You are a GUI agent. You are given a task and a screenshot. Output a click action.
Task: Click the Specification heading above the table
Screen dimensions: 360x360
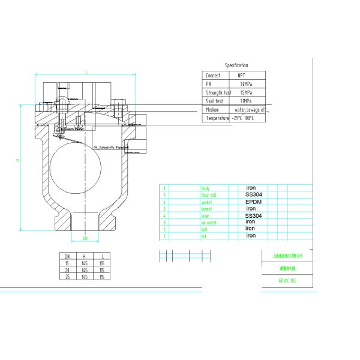click(x=236, y=65)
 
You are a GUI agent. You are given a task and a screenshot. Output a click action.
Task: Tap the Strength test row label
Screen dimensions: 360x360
click(x=218, y=92)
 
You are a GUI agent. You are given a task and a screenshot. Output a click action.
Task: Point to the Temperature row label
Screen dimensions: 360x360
click(x=217, y=118)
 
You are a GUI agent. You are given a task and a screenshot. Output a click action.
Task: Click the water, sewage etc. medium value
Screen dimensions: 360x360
click(x=251, y=110)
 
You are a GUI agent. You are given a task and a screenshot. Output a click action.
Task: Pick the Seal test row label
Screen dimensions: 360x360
click(x=214, y=101)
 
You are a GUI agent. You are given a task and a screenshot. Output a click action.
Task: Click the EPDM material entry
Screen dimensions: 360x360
click(x=254, y=202)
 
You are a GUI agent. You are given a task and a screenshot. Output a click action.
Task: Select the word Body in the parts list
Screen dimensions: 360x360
click(x=205, y=188)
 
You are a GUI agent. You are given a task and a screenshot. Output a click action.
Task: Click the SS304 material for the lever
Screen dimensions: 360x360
click(x=254, y=215)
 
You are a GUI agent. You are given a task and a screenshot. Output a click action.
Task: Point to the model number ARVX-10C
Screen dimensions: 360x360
click(x=287, y=280)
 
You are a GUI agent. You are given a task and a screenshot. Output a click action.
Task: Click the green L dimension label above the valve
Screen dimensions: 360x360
click(x=86, y=71)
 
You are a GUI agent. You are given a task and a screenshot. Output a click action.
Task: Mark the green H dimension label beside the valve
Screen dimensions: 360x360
click(x=17, y=160)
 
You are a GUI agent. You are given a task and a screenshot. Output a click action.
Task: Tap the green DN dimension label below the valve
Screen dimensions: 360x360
click(x=85, y=238)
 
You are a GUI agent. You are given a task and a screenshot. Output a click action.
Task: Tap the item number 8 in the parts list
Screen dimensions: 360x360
click(x=164, y=188)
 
